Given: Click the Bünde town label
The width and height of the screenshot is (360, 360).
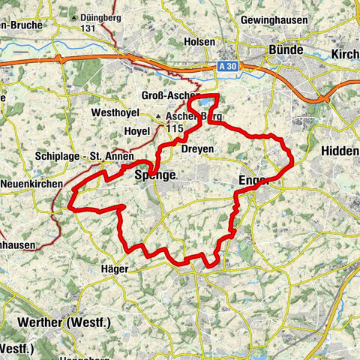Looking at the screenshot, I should pos(286,49).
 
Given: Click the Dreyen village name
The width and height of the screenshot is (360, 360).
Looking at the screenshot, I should pos(197,149).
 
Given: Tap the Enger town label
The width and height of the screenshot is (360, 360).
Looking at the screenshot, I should pos(252,180).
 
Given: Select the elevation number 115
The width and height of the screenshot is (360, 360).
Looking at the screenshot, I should pos(176,129).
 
